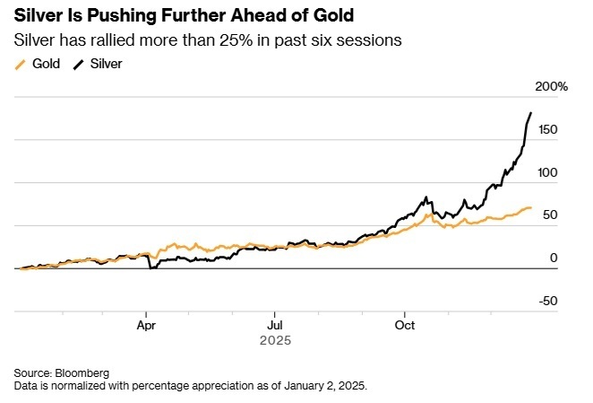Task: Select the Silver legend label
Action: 107,64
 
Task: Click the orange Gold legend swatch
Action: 21,64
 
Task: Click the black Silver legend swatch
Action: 79,64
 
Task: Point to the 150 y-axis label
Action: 547,129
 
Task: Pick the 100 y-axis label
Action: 547,172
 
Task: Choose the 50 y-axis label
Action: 550,215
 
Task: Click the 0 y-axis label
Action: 553,258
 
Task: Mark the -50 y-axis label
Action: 547,301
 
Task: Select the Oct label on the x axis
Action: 406,325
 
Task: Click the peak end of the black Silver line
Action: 530,113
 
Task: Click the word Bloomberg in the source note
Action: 82,372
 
